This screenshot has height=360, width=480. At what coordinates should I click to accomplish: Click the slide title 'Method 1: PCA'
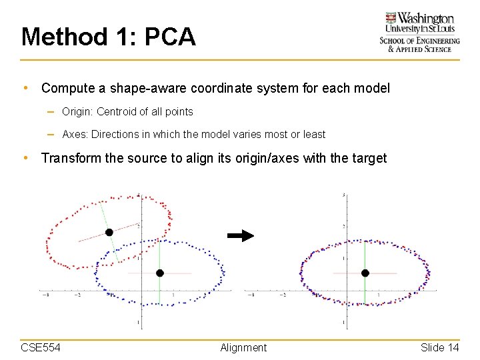(x=108, y=37)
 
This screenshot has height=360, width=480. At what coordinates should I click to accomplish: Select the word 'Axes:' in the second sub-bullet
(x=75, y=134)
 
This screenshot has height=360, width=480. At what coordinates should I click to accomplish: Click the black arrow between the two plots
(x=241, y=235)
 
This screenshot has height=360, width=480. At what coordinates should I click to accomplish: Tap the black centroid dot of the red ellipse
(x=109, y=232)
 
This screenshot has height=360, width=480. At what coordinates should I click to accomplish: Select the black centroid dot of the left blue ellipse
(x=159, y=273)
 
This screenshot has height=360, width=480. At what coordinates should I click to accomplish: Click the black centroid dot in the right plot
(x=365, y=273)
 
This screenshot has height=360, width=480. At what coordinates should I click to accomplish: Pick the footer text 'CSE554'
(x=41, y=347)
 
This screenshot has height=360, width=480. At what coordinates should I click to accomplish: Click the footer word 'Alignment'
(x=243, y=347)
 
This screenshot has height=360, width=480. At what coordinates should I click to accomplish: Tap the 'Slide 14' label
(x=439, y=347)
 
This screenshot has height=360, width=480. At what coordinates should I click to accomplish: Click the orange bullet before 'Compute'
(x=25, y=88)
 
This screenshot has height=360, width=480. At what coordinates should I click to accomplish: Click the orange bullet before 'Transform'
(x=25, y=159)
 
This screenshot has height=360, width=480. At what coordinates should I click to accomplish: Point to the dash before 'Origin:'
(x=51, y=112)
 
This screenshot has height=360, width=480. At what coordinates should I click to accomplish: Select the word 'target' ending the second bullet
(x=369, y=159)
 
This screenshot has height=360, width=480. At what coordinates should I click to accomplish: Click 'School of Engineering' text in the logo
(x=419, y=41)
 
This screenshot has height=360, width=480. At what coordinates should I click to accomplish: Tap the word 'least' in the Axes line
(x=313, y=134)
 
